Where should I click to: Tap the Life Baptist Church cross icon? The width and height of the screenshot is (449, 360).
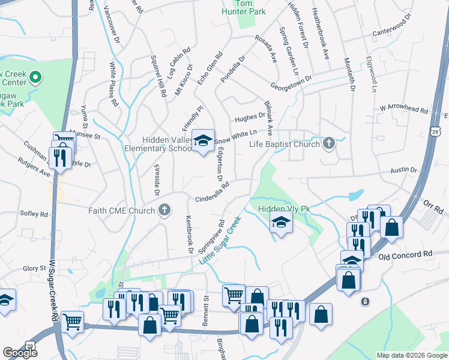(x=328, y=143)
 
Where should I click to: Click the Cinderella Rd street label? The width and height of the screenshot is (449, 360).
(x=212, y=194)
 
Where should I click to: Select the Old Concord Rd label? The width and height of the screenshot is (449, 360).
(x=405, y=255)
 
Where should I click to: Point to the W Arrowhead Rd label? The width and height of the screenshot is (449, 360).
(x=404, y=110)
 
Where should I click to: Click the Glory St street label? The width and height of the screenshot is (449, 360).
(x=35, y=269)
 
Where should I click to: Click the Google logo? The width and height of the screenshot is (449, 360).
(x=20, y=353)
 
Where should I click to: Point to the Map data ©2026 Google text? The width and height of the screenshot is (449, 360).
(x=412, y=355)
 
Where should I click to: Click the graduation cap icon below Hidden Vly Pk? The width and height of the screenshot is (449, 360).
(x=280, y=224)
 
